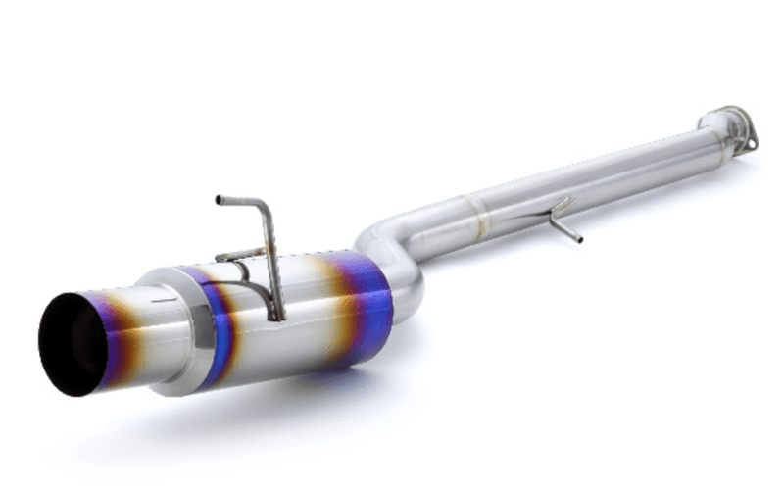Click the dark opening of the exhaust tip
pyautogui.click(x=71, y=344)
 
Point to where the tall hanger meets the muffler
pyautogui.click(x=280, y=315)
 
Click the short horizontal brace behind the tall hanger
pyautogui.click(x=235, y=256)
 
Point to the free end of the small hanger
pyautogui.click(x=578, y=238)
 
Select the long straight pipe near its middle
pyautogui.click(x=588, y=176)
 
